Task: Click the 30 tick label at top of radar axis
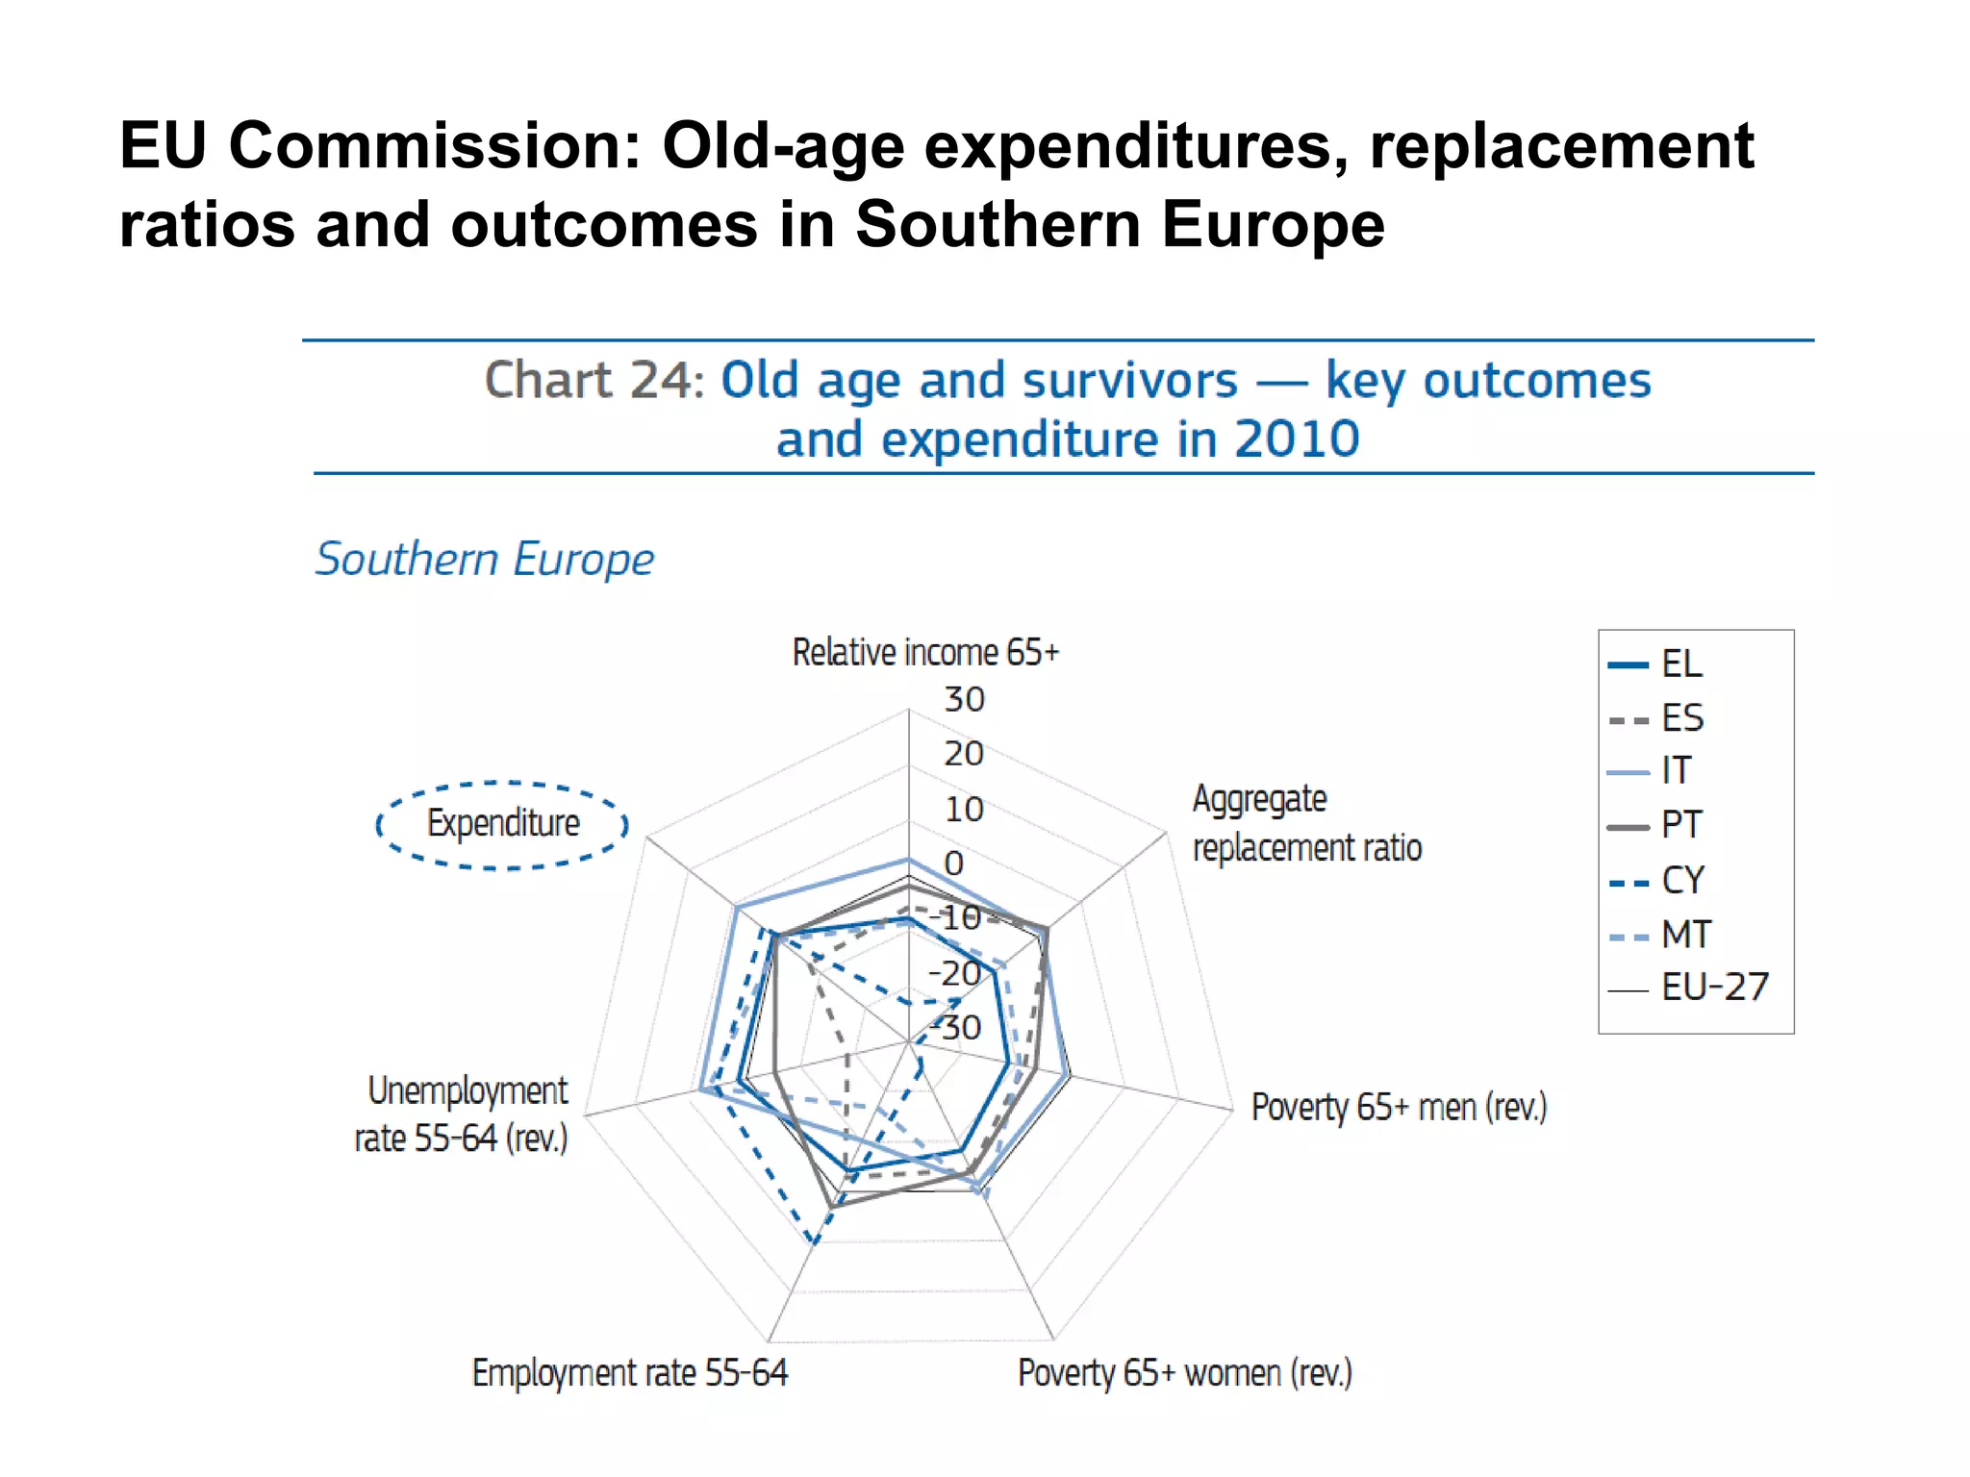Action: pos(964,699)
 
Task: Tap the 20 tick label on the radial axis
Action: pos(963,754)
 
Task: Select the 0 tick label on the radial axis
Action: pos(953,864)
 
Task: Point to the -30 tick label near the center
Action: pos(957,1028)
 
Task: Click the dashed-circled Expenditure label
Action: pos(503,824)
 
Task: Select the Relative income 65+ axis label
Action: pos(925,652)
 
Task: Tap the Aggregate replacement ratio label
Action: pos(1306,823)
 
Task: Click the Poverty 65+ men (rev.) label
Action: pos(1399,1107)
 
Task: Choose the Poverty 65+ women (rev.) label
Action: pos(1185,1373)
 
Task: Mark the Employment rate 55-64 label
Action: pos(630,1373)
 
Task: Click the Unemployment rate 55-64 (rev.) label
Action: pos(463,1114)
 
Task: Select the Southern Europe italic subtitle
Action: pos(485,559)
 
